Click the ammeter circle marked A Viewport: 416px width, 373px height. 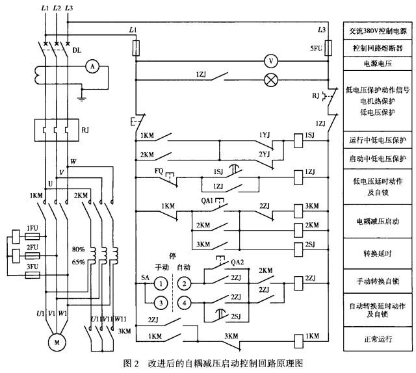tap(92, 66)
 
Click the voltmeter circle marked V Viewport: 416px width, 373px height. tap(271, 61)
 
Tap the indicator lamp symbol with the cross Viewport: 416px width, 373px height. tap(271, 80)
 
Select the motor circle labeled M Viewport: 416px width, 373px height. tap(57, 342)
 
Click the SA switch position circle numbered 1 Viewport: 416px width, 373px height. tap(161, 283)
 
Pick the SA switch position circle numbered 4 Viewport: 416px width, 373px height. tap(185, 303)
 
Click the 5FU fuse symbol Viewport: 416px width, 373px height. tap(328, 48)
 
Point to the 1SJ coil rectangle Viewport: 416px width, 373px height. tap(298, 140)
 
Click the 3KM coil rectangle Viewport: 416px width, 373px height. tap(298, 211)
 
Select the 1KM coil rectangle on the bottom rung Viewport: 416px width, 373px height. tap(298, 341)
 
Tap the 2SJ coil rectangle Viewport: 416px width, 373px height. tap(298, 250)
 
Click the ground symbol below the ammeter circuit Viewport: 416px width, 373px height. tap(82, 99)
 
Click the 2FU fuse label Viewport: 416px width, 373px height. tap(32, 248)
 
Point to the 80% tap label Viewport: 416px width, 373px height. tap(79, 250)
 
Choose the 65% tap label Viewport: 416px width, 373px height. tap(79, 262)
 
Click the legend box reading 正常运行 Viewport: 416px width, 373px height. tap(378, 339)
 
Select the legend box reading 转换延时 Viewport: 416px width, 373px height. tap(378, 253)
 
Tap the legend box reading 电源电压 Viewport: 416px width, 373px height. tap(378, 64)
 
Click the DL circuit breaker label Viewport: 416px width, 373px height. tap(77, 50)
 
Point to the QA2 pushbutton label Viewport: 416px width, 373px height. tap(237, 262)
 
